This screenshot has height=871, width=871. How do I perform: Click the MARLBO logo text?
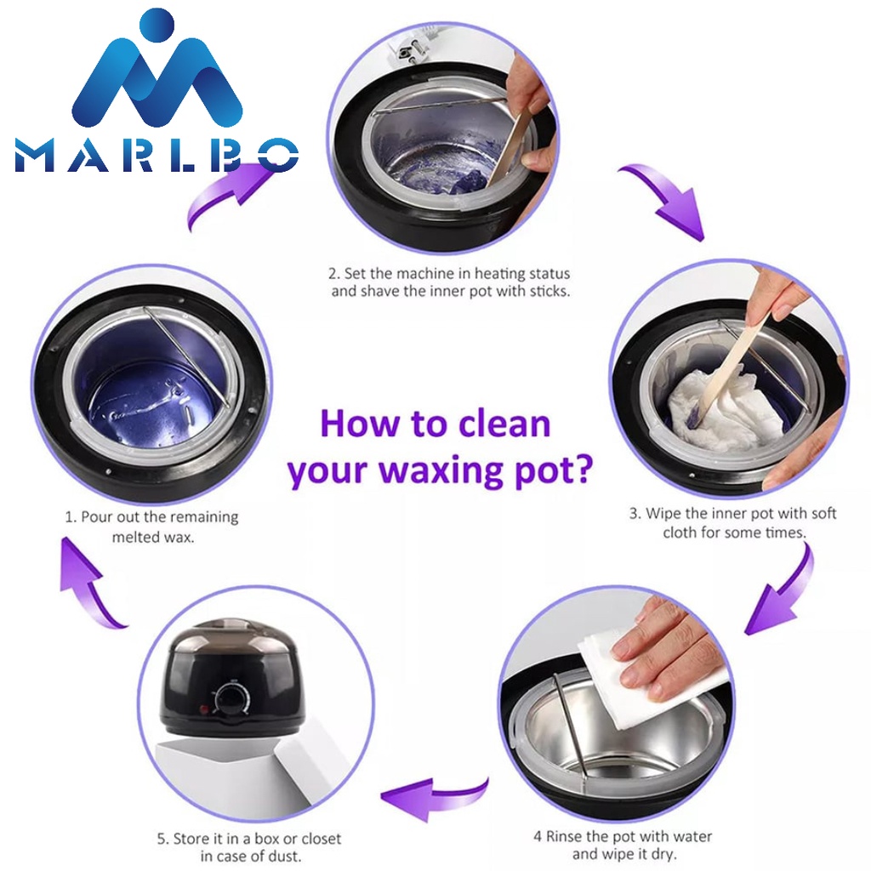157,155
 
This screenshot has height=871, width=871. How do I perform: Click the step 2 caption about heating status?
449,282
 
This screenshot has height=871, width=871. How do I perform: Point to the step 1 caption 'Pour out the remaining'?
151,517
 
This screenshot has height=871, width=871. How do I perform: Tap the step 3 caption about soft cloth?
733,523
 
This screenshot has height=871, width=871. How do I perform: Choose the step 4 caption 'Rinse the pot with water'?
623,836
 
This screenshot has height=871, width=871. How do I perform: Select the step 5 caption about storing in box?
249,847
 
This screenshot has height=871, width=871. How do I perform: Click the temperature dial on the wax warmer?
229,697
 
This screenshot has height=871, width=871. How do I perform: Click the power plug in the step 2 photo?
410,54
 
